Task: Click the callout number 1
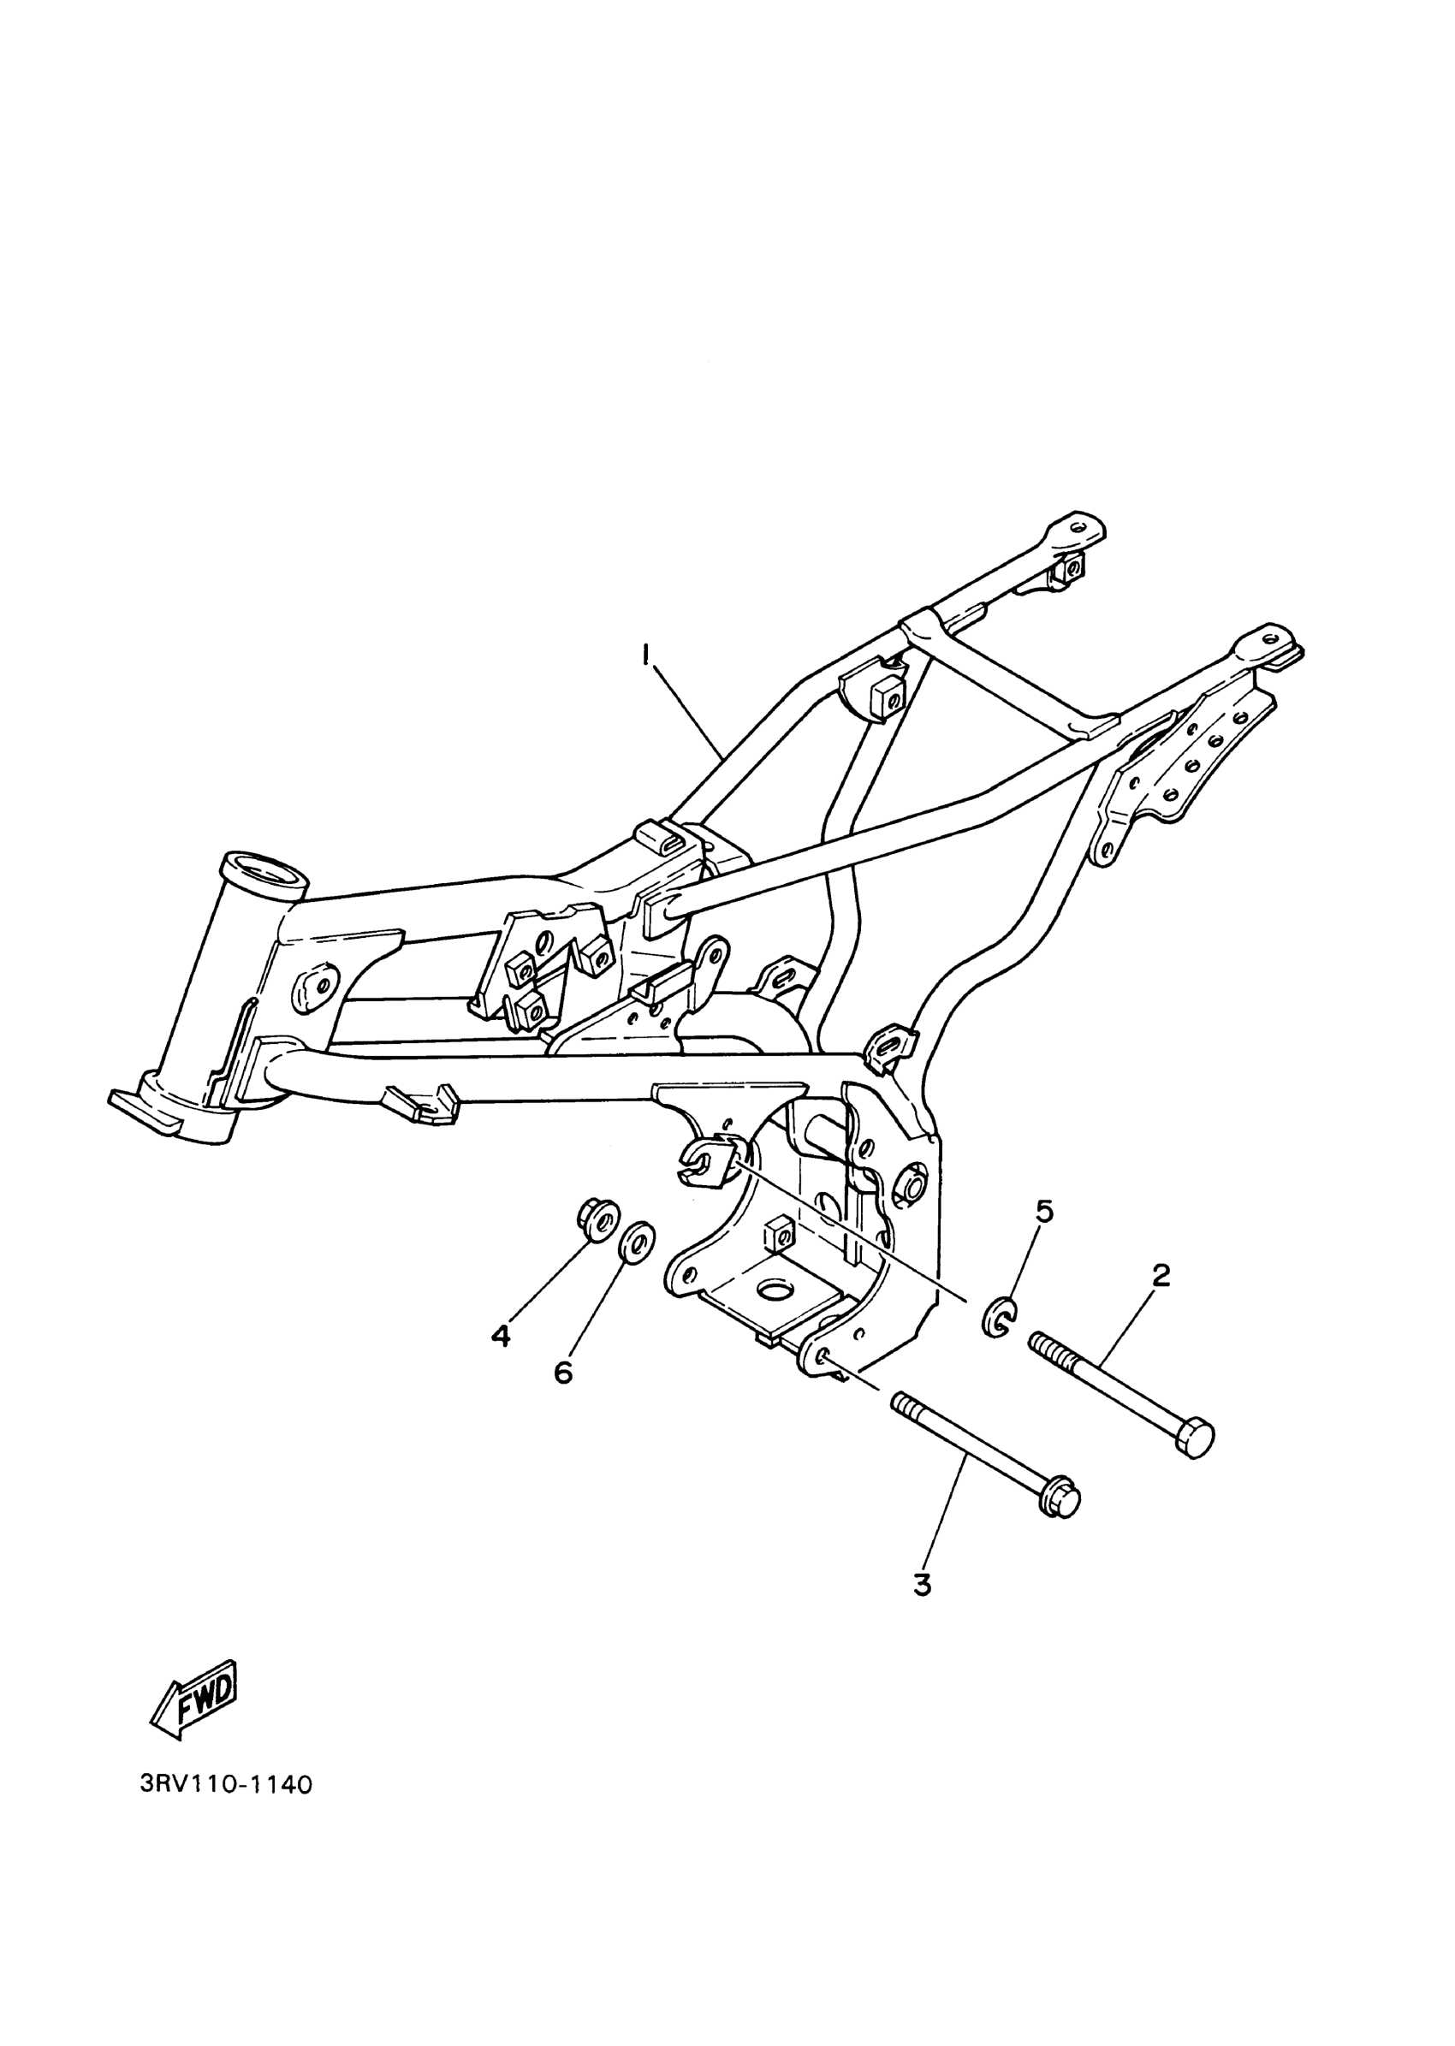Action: [x=644, y=655]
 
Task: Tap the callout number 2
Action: [x=1161, y=1276]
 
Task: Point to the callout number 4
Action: [x=501, y=1361]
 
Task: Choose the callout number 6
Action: [x=562, y=1397]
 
